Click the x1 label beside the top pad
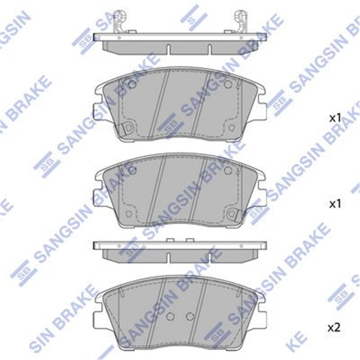(x=335, y=118)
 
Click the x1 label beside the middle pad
(x=335, y=205)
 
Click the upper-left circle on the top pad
(x=132, y=84)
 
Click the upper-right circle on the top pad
(x=228, y=84)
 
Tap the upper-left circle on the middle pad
(x=132, y=170)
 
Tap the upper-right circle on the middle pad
(x=228, y=170)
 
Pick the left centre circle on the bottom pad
(x=170, y=316)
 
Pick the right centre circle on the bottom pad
(x=190, y=316)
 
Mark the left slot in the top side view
(x=169, y=49)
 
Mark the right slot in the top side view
(x=209, y=49)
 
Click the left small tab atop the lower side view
(x=170, y=240)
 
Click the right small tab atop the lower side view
(x=190, y=240)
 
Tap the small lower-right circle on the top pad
(x=231, y=128)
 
